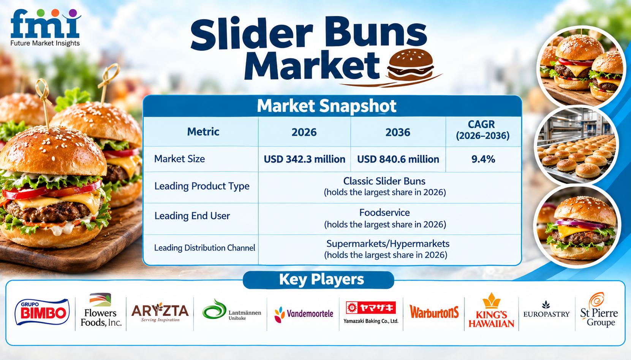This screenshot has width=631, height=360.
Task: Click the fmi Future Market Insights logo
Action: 46,28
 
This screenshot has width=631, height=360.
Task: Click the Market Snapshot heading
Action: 326,106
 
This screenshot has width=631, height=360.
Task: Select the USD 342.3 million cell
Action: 305,159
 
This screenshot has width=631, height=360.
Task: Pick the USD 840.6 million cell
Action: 398,159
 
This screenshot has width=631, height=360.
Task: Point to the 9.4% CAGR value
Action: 483,159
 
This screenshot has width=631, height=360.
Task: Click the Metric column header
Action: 203,132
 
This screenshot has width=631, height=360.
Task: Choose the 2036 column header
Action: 398,132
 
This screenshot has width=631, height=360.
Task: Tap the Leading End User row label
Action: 192,216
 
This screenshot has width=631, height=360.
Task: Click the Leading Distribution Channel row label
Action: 204,248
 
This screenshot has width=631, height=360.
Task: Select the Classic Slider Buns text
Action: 384,181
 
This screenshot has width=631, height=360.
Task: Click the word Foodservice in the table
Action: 384,213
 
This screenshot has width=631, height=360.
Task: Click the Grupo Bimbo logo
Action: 42,312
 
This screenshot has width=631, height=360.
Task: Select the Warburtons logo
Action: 434,312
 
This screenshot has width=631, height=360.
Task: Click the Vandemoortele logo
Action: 304,314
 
